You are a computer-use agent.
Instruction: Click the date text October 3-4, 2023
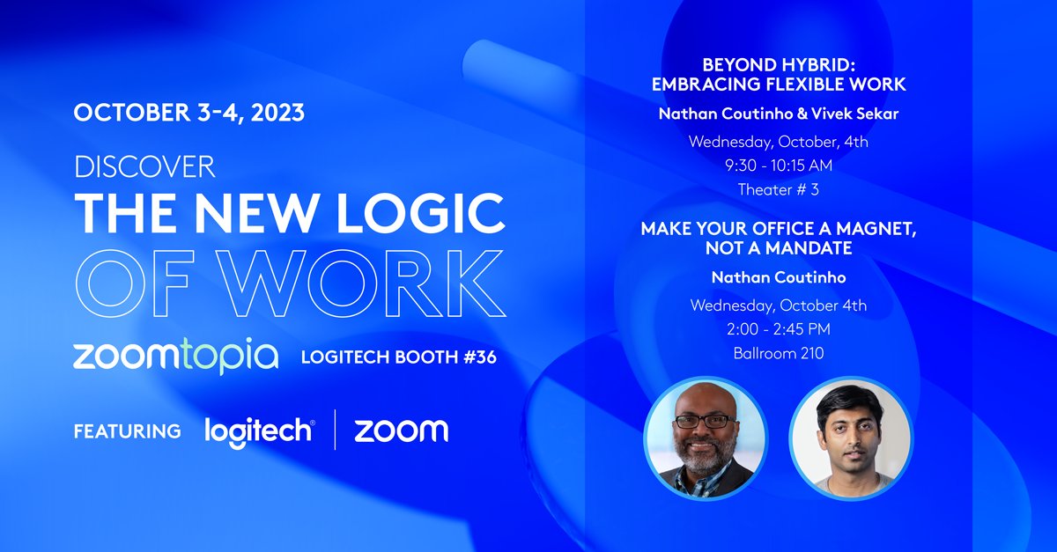[189, 113]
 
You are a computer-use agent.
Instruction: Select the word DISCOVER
[145, 166]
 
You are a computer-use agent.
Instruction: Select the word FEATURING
[128, 431]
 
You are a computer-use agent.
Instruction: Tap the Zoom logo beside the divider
[401, 431]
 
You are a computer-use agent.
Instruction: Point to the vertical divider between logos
[335, 430]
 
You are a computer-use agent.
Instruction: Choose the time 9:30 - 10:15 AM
[778, 165]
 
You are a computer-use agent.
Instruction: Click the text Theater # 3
[778, 188]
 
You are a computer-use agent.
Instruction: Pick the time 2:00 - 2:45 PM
[778, 329]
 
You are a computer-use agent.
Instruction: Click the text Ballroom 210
[778, 353]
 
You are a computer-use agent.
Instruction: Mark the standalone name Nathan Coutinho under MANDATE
[778, 278]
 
